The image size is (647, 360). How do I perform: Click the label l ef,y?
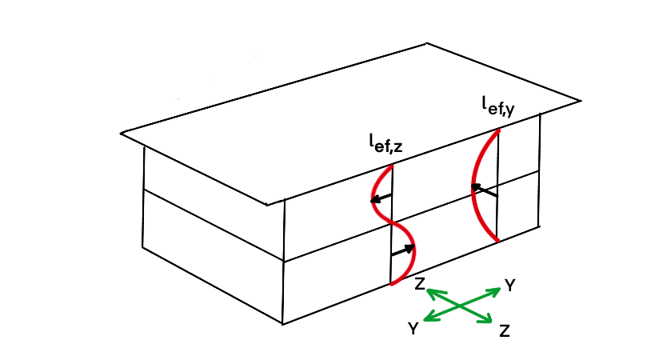click(x=496, y=106)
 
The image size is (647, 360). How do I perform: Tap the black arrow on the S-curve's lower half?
click(x=404, y=250)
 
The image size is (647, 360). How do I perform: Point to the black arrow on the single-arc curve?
click(x=483, y=191)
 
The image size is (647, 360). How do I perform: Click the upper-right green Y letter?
click(x=509, y=285)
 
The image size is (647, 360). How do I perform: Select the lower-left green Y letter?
click(x=413, y=328)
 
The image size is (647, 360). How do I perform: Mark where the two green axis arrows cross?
click(x=458, y=306)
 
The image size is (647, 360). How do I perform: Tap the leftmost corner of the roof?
click(x=122, y=133)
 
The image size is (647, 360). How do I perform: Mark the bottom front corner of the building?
click(x=283, y=323)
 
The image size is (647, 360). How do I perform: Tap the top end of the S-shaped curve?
click(x=391, y=166)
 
